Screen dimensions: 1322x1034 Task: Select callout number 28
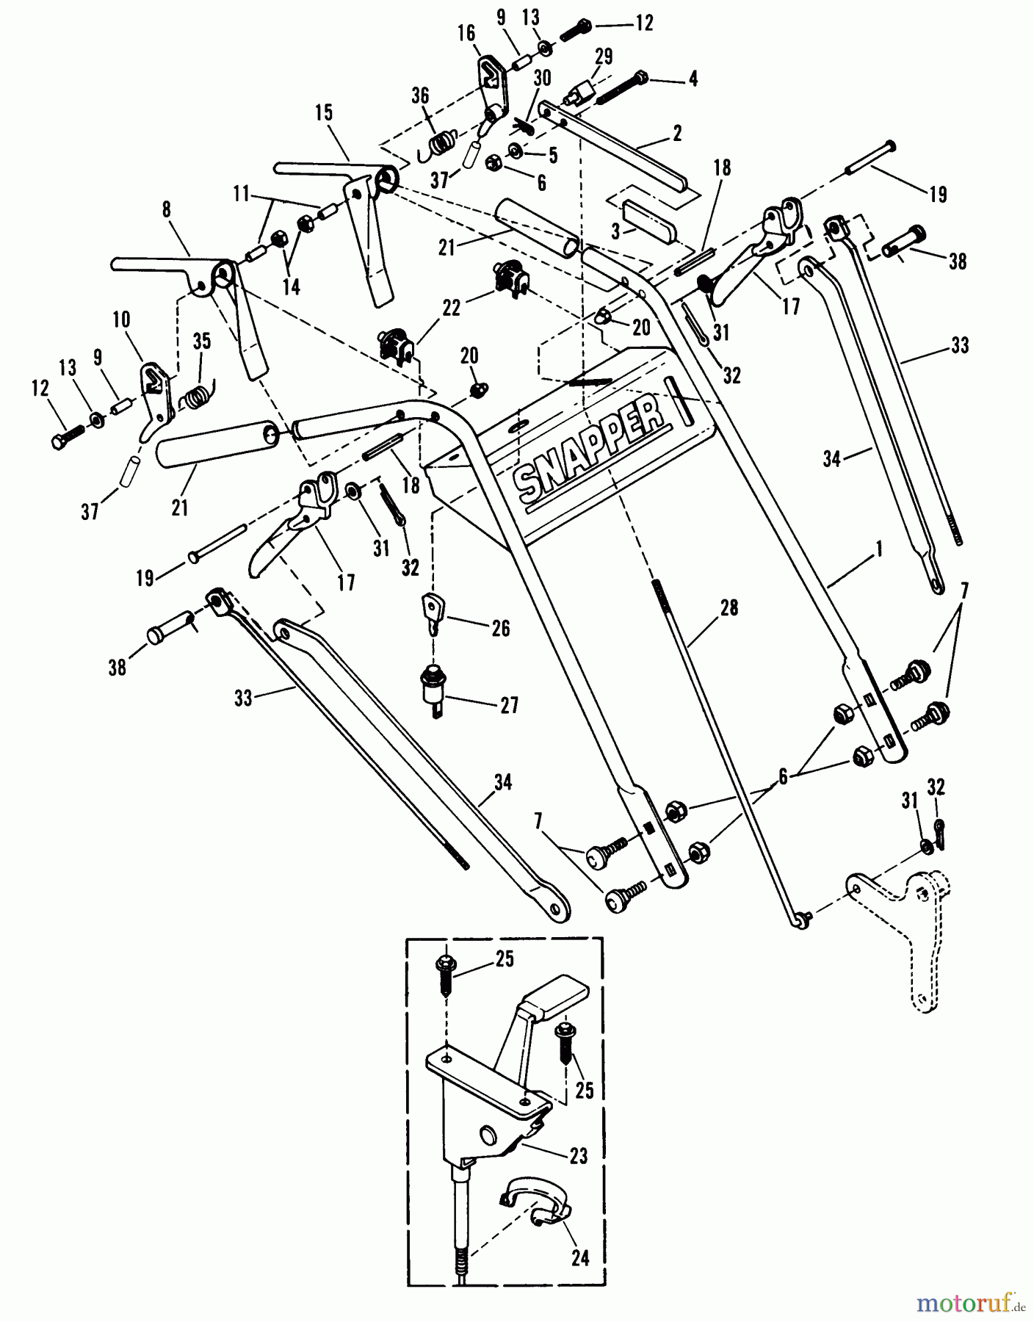(x=728, y=608)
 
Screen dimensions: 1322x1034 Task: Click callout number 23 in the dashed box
(x=579, y=1155)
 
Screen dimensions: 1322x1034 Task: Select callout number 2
(x=677, y=133)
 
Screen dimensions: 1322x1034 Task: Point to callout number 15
(x=324, y=113)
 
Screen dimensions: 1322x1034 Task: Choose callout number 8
(x=167, y=210)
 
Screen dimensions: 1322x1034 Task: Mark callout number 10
(x=121, y=320)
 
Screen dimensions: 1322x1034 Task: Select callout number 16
(x=466, y=34)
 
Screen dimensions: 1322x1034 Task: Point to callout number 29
(x=603, y=57)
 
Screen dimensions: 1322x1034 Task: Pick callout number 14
(x=292, y=286)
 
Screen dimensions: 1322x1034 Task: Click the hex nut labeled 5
(x=516, y=152)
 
